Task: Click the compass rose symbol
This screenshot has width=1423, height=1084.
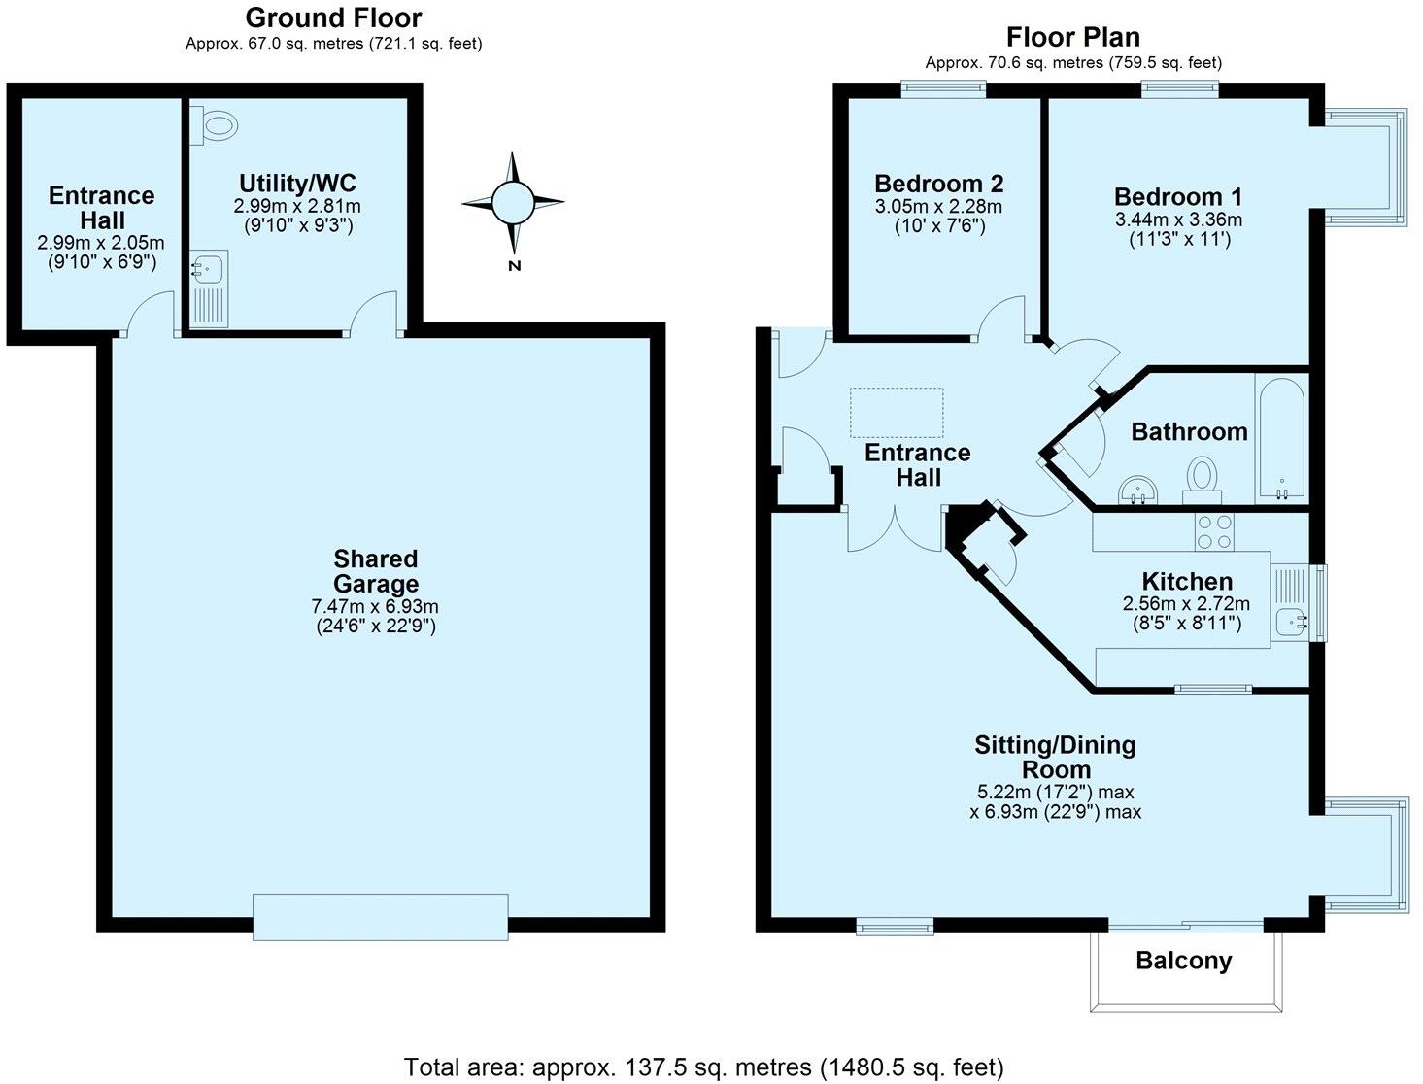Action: [512, 203]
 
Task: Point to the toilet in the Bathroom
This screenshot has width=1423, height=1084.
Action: [1203, 479]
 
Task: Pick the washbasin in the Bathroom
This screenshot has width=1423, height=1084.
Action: [1135, 491]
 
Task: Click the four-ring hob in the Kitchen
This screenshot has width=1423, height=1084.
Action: [1213, 531]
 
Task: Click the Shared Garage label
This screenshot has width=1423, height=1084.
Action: [376, 571]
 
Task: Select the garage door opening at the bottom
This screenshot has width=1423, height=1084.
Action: [380, 916]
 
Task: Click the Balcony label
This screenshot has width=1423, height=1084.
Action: [1183, 961]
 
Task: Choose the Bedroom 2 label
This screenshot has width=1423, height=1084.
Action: [938, 184]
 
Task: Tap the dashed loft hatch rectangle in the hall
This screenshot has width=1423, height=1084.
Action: [897, 412]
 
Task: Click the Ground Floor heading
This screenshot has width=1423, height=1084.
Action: [333, 17]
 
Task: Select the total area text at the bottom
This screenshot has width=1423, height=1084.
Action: [703, 1067]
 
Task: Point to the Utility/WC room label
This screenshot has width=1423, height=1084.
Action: [297, 183]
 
